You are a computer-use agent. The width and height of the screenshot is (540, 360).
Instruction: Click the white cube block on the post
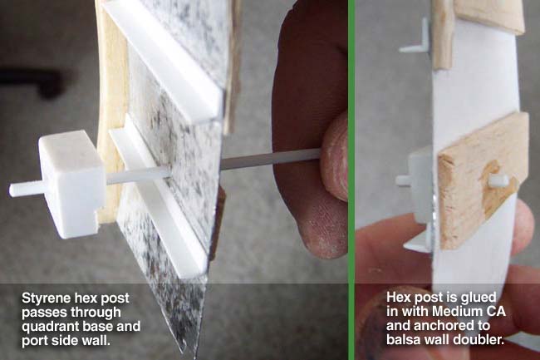(x=71, y=184)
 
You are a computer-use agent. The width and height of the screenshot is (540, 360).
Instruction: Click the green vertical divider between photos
(x=351, y=180)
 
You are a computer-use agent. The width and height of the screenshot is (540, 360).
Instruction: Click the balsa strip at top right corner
(x=489, y=16)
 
